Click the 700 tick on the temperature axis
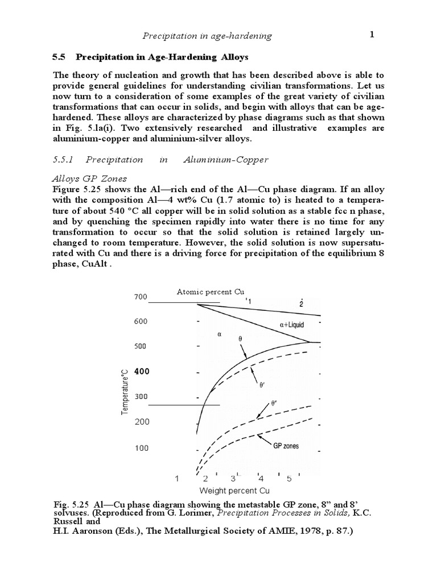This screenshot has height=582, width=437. (141, 297)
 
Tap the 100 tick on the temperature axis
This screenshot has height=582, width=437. (141, 448)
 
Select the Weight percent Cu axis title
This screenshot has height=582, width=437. (234, 490)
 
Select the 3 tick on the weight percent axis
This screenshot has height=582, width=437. (233, 479)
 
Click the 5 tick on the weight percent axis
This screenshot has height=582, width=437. (289, 479)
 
